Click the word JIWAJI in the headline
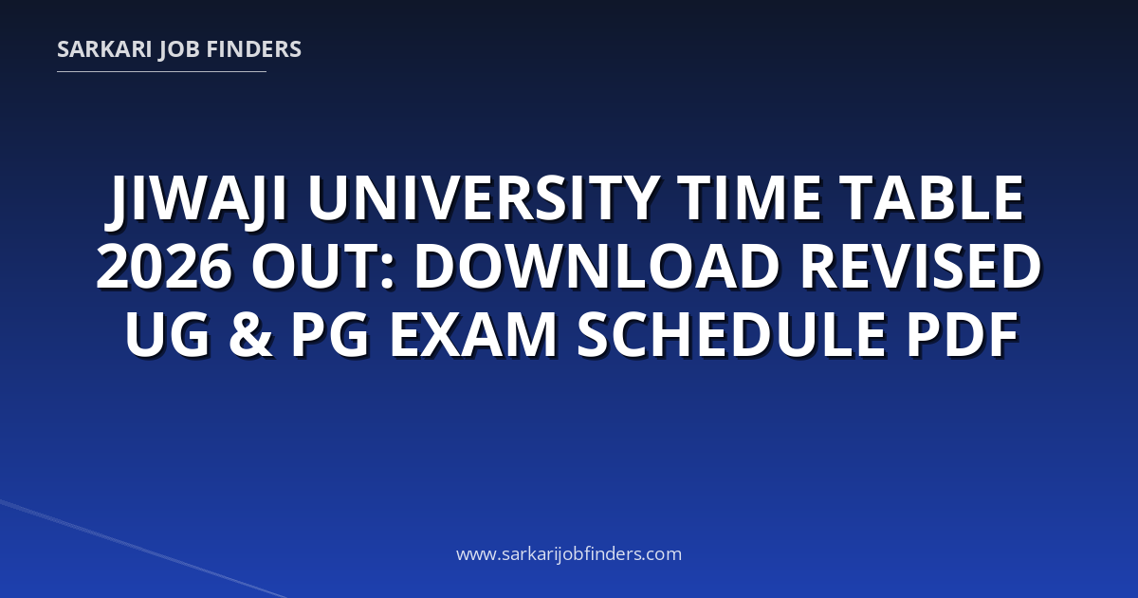coord(195,198)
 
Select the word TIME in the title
coord(748,197)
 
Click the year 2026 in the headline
coord(163,266)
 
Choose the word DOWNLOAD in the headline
coord(597,266)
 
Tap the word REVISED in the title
coord(921,266)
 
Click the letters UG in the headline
coord(167,334)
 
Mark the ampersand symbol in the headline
coord(250,334)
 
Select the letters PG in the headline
coord(330,334)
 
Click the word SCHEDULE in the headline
coord(731,334)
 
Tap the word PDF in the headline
coord(963,334)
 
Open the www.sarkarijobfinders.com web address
coord(569,554)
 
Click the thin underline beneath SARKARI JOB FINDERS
coord(161,72)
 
